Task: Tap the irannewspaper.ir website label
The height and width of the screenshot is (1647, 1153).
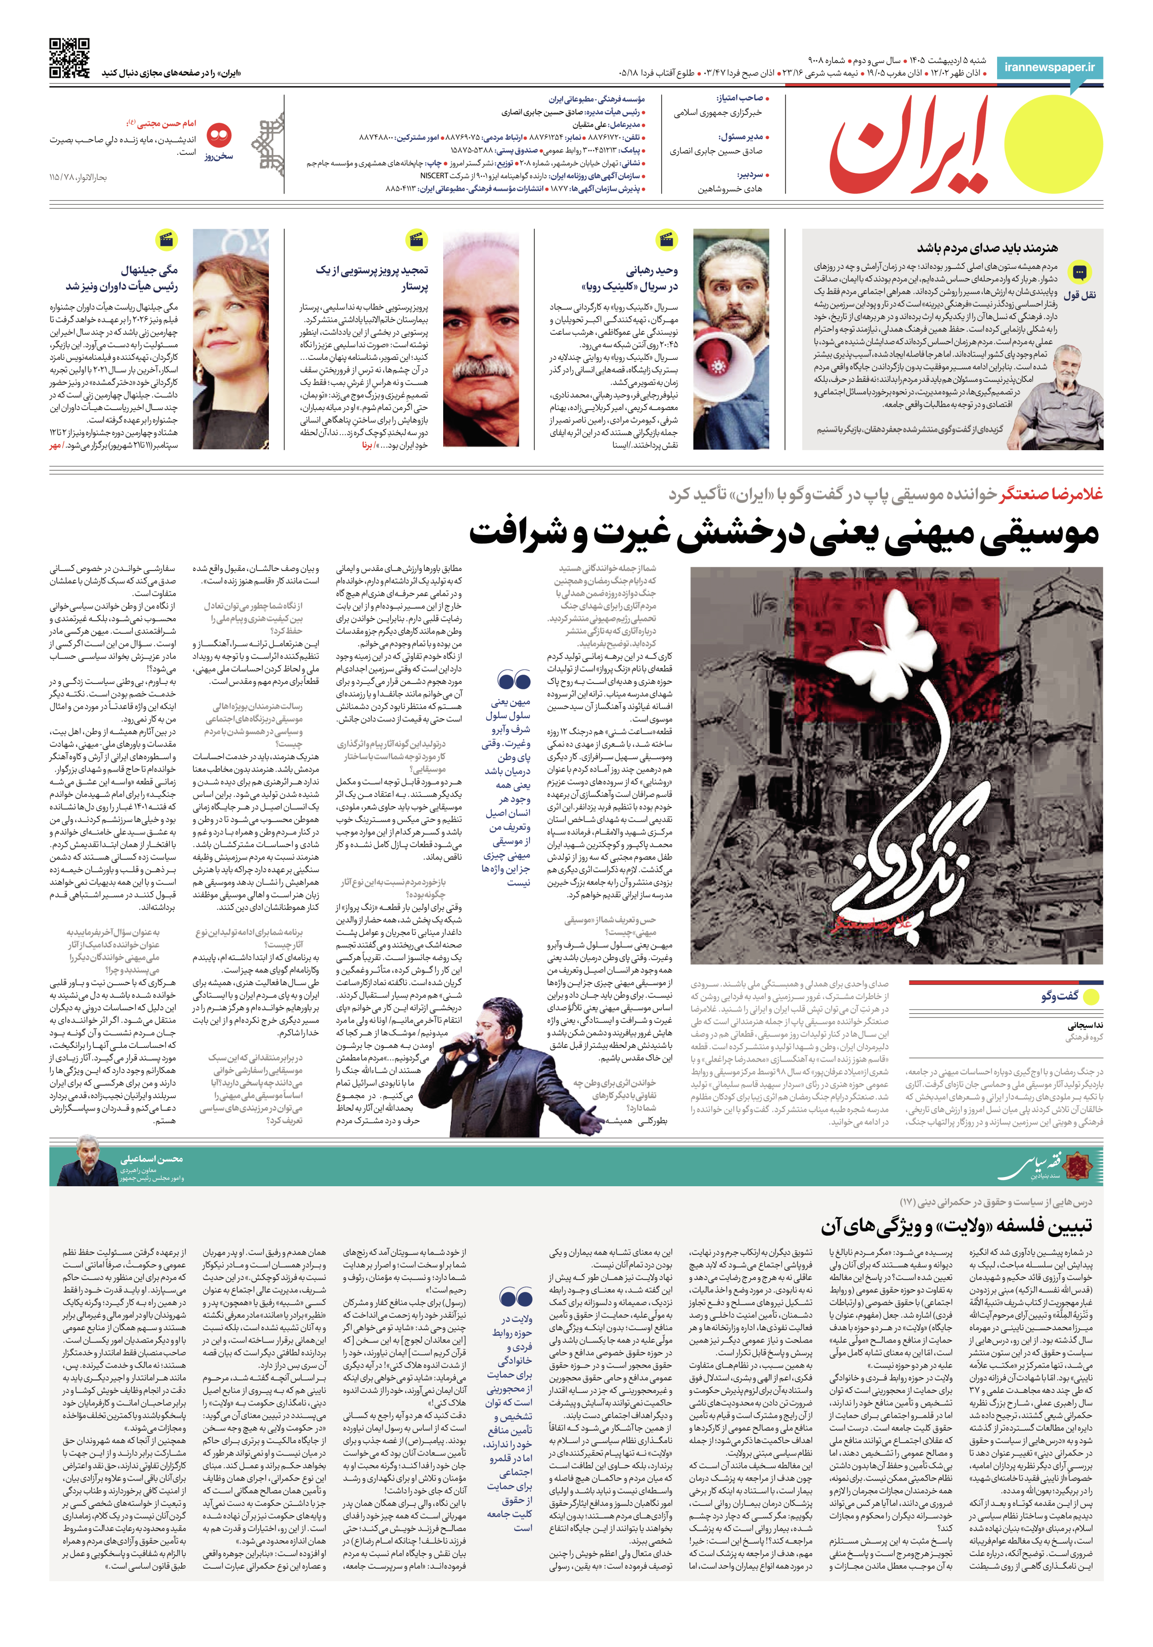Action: [x=1049, y=67]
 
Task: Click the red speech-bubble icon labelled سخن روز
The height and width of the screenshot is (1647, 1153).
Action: [x=219, y=135]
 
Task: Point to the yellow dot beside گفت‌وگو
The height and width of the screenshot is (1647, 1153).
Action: [x=1091, y=996]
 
